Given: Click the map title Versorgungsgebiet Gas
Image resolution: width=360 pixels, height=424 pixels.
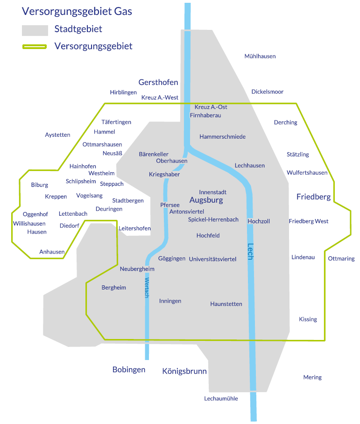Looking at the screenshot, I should coord(77,11).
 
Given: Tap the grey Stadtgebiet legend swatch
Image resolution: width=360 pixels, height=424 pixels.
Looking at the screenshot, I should coord(35,29).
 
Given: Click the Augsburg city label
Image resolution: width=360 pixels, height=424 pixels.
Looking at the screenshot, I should coord(206,200).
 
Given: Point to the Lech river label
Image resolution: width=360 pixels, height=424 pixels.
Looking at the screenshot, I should coord(250,252).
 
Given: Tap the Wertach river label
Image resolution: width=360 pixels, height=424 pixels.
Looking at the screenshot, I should coord(147,287).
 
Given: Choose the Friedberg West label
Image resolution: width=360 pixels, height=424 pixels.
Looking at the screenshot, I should coord(308,221).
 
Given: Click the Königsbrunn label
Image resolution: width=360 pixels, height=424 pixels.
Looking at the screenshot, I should coord(184,372).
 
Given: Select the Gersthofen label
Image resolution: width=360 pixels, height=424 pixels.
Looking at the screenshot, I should coord(158,82).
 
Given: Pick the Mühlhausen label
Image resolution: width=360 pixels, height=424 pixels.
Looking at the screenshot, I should coord(260,56).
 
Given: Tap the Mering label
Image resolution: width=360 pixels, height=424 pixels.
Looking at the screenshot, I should coord(312,377).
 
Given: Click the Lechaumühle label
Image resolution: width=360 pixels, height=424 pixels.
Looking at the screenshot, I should coord(221,399).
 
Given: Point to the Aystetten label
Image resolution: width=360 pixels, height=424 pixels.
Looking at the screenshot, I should coord(57,135).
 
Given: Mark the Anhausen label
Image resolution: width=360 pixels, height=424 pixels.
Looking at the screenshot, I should coord(52,252).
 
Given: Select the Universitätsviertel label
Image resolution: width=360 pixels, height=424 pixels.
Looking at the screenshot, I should coord(212,259).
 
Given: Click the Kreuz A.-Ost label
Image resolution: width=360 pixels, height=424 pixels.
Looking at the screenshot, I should coord(211,107).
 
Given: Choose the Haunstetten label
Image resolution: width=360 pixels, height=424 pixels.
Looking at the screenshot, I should coord(226,304).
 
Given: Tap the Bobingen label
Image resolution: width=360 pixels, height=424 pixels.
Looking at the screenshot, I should coord(129,369).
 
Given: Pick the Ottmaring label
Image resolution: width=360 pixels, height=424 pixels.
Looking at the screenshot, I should coord(341,259).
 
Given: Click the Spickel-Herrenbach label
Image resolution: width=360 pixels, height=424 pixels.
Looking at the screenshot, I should coord(213,219).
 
